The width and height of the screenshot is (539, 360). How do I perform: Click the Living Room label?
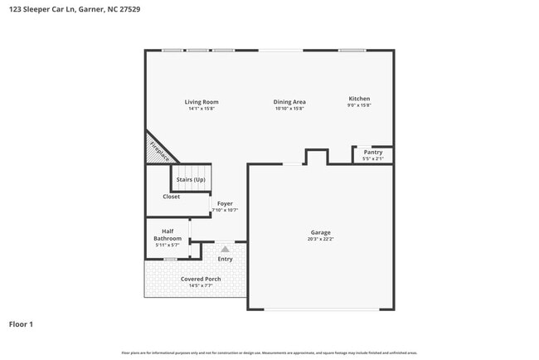[x=202, y=102]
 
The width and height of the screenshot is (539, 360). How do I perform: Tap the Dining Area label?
[x=289, y=102]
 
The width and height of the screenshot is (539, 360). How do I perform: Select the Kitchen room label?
[x=359, y=100]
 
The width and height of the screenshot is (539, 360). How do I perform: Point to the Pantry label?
[x=373, y=152]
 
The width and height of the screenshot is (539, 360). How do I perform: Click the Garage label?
[x=320, y=233]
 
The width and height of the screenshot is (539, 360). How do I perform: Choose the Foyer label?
[x=225, y=203]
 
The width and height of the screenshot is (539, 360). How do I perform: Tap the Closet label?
[x=171, y=197]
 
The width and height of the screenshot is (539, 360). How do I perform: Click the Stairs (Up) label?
[x=192, y=178]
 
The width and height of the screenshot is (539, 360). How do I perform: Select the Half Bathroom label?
[x=168, y=235]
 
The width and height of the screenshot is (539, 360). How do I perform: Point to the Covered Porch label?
[x=201, y=279]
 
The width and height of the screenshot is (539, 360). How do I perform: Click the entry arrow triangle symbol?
[x=225, y=248]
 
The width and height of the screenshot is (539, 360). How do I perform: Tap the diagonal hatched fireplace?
[x=160, y=148]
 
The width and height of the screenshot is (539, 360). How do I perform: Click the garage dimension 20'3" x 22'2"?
[x=320, y=240]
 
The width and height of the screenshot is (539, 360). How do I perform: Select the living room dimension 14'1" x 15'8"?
[x=202, y=108]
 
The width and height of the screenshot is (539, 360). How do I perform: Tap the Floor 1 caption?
[x=21, y=324]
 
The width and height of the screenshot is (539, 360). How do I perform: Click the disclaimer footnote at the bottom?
[x=269, y=353]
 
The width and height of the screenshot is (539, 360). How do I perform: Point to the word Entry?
[x=225, y=259]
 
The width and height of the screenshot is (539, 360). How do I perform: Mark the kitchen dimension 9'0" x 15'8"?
[x=359, y=105]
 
